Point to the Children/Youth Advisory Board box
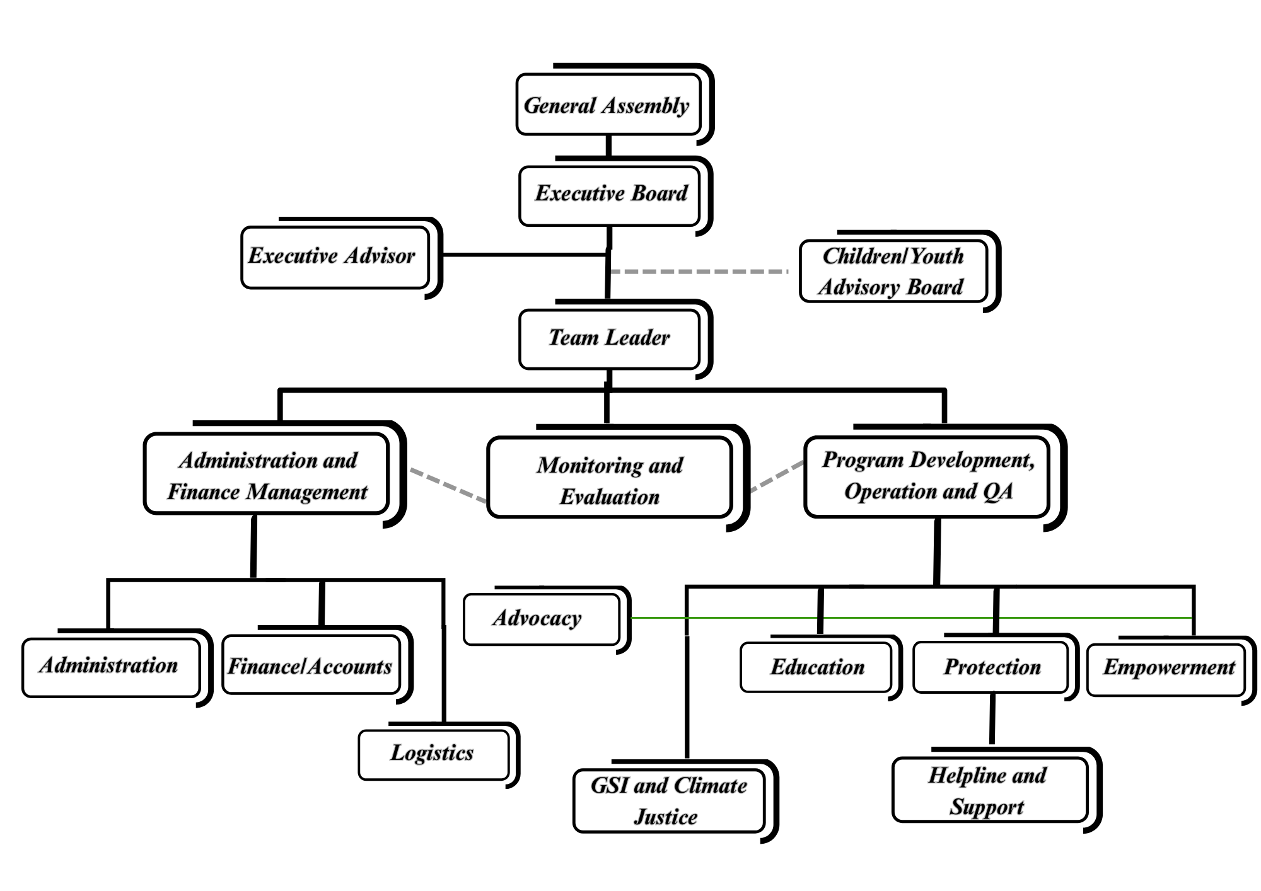[892, 272]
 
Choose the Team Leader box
[609, 338]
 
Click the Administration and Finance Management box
[267, 474]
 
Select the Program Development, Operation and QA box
[927, 476]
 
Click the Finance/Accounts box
[311, 665]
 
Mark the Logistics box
[433, 754]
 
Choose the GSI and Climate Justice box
[668, 800]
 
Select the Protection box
[991, 667]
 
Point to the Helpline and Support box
[989, 790]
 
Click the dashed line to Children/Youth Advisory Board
[700, 272]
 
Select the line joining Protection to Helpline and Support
[992, 718]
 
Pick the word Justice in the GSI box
[666, 817]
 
